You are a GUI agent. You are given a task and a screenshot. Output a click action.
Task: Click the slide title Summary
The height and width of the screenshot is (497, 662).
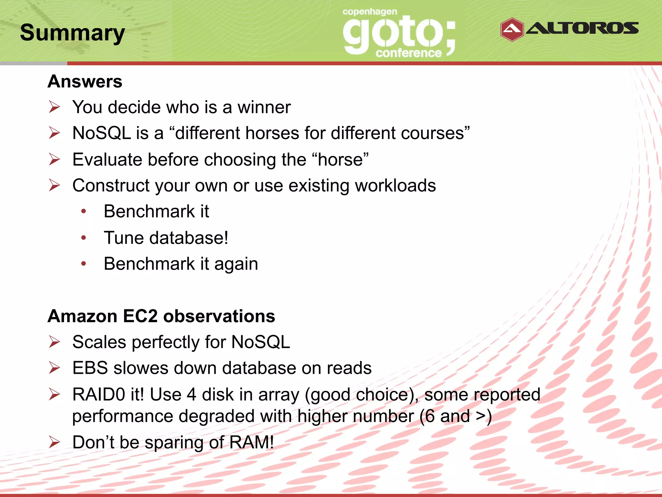click(72, 33)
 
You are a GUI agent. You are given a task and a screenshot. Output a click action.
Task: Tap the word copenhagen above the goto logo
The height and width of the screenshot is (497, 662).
click(369, 12)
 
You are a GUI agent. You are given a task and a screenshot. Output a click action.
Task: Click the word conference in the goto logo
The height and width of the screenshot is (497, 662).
click(408, 53)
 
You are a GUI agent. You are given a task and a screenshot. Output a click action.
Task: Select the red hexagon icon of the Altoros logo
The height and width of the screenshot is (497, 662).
click(512, 29)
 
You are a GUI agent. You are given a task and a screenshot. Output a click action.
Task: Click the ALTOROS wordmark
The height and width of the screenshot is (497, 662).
click(582, 28)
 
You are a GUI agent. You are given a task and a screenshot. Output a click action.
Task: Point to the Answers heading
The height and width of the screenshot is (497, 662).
click(85, 81)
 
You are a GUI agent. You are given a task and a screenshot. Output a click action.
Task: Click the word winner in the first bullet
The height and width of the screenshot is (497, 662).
click(264, 107)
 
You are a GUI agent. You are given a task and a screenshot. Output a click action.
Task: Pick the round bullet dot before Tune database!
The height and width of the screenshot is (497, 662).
click(84, 238)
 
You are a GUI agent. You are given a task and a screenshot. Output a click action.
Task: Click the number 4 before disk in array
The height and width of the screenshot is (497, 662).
click(191, 394)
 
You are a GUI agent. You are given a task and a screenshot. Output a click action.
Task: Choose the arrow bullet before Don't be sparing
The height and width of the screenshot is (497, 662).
click(54, 442)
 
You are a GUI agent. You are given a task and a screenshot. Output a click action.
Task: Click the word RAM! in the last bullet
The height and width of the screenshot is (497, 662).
click(251, 442)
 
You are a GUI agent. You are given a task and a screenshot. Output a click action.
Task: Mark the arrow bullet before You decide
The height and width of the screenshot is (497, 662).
click(54, 107)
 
